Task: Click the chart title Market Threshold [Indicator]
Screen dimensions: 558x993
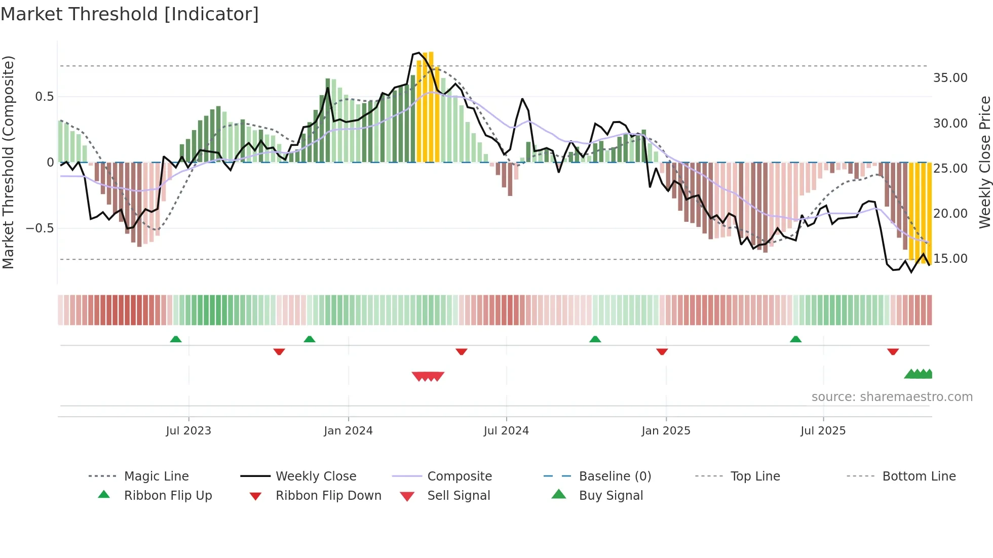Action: [x=130, y=14]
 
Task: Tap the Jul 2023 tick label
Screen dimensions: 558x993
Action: [x=188, y=431]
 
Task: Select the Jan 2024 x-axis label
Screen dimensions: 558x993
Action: [x=348, y=431]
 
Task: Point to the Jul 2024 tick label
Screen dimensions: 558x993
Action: [x=506, y=431]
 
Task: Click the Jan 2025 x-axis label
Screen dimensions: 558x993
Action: [x=666, y=431]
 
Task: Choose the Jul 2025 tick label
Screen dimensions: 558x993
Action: [x=823, y=431]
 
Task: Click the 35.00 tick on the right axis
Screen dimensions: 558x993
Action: [x=950, y=78]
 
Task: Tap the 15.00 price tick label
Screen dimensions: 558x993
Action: [x=950, y=259]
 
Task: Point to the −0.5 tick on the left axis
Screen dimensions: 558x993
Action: [x=40, y=228]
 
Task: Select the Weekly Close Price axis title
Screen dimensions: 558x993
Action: [x=984, y=162]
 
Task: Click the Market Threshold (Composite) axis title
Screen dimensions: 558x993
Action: [x=8, y=162]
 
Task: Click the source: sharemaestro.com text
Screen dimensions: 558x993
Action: [x=892, y=397]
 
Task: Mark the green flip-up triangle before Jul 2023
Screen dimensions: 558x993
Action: [x=176, y=339]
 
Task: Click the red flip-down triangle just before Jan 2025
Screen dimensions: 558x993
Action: [x=662, y=351]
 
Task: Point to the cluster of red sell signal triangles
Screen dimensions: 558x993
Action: [x=428, y=376]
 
